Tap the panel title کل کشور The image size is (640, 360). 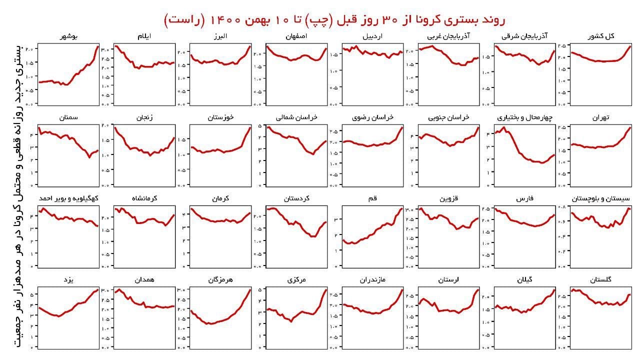click(602, 36)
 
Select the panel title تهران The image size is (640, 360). click(602, 117)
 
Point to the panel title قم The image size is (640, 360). click(372, 198)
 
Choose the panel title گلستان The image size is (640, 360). click(602, 279)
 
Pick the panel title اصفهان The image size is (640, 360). click(296, 36)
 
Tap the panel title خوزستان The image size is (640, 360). click(220, 117)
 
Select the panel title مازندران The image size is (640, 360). click(372, 279)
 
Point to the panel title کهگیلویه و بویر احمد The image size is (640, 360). click(68, 198)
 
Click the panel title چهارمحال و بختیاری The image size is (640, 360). click(525, 117)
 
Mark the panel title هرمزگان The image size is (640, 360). click(220, 279)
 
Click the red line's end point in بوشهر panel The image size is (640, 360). click(98, 46)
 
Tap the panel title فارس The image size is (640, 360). click(525, 198)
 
